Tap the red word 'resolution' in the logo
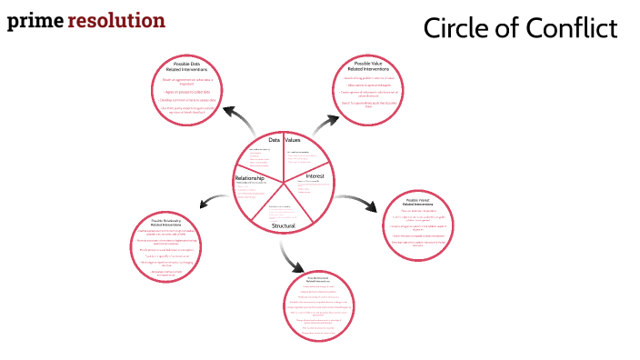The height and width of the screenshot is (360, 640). click(115, 20)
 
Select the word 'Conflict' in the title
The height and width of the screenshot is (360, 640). click(572, 28)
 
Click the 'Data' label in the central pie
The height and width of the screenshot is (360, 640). click(274, 140)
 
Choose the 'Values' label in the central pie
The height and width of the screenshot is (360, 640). click(293, 140)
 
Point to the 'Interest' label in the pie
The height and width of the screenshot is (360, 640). click(315, 175)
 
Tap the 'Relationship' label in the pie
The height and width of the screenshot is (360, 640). click(249, 178)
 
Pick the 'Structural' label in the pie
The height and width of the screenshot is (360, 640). click(283, 224)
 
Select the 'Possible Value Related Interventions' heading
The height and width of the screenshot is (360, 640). click(368, 66)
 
